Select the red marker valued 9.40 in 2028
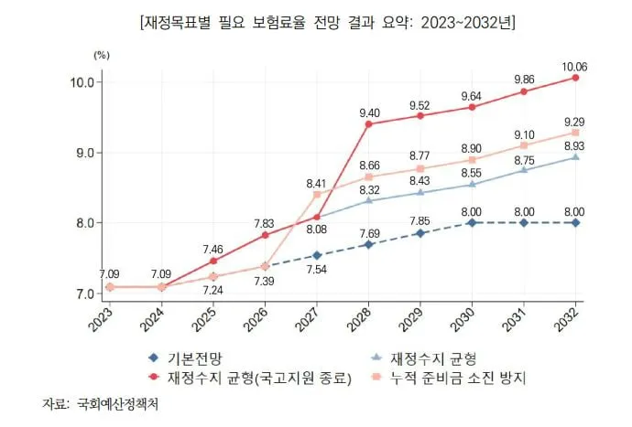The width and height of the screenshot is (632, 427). [x=368, y=123]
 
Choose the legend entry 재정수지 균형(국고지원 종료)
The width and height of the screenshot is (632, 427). [x=256, y=375]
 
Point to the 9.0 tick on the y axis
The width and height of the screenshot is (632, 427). [x=82, y=153]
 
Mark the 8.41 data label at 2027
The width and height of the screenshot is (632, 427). [x=316, y=180]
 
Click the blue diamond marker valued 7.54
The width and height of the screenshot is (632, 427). [x=316, y=255]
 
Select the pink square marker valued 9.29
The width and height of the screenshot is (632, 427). [x=575, y=133]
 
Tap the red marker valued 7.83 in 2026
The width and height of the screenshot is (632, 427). [x=265, y=235]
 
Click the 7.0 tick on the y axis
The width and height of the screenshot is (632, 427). [x=82, y=294]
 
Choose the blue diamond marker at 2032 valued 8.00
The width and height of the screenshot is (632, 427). [x=575, y=222]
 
